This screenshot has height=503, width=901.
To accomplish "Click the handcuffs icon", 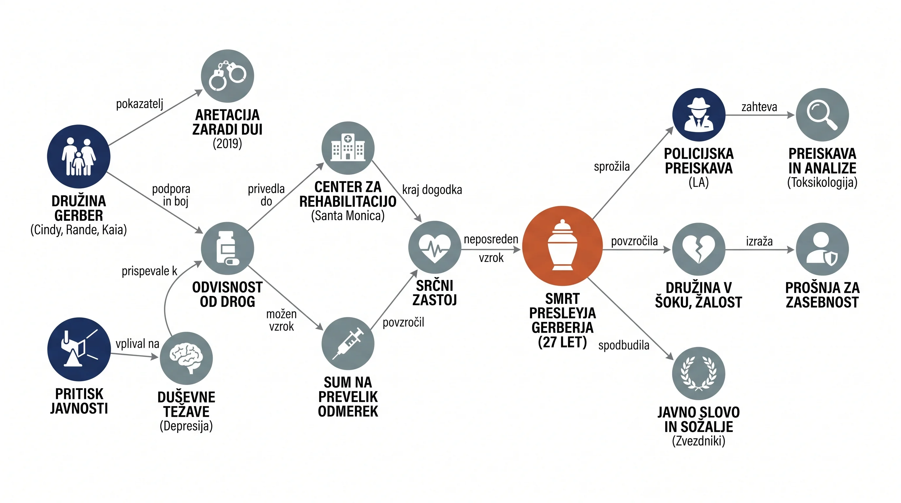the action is pyautogui.click(x=227, y=76).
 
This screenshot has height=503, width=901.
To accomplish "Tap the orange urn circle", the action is pyautogui.click(x=562, y=246).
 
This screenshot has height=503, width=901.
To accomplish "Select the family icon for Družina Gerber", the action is pyautogui.click(x=79, y=156).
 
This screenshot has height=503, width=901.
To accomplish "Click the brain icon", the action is pyautogui.click(x=186, y=358).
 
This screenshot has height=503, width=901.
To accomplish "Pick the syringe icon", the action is pyautogui.click(x=348, y=344).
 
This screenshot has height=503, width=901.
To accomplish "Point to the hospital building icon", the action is pyautogui.click(x=348, y=148).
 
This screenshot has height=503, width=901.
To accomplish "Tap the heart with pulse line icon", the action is pyautogui.click(x=435, y=247).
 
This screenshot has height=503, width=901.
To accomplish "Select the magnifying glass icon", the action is pyautogui.click(x=822, y=115).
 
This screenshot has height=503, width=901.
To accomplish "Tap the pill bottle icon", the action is pyautogui.click(x=227, y=248).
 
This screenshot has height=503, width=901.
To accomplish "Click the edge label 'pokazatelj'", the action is pyautogui.click(x=139, y=104).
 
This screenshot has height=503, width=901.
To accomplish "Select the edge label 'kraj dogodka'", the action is pyautogui.click(x=432, y=190).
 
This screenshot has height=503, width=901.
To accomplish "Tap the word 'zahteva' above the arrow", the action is pyautogui.click(x=759, y=107).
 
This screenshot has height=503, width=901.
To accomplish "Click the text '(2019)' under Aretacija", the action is pyautogui.click(x=227, y=143).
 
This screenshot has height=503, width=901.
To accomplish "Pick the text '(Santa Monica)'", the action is pyautogui.click(x=348, y=215).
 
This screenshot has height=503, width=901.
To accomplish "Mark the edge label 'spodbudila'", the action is pyautogui.click(x=624, y=345).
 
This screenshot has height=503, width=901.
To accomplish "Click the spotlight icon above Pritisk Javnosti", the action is pyautogui.click(x=79, y=349).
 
